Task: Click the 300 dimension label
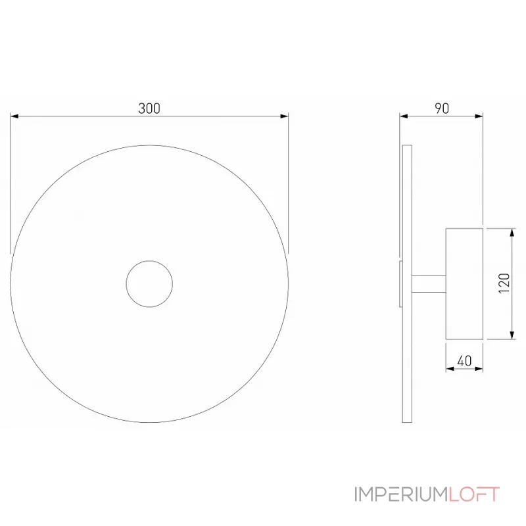(149, 108)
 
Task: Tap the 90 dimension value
(442, 108)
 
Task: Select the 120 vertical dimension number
(504, 283)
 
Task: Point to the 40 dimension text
(464, 360)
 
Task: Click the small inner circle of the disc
(149, 283)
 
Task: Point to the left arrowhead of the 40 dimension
(450, 369)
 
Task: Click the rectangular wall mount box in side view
(464, 283)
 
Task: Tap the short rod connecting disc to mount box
(428, 283)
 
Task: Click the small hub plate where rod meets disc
(400, 283)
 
